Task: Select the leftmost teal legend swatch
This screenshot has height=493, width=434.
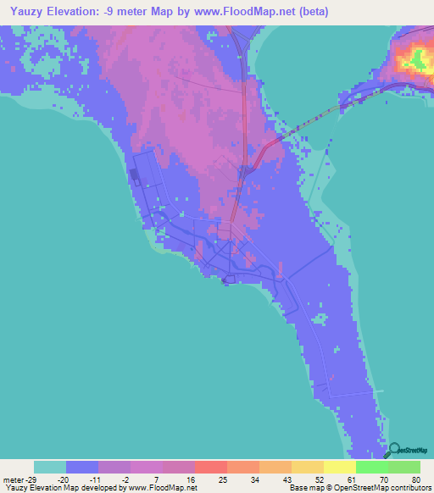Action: tap(50, 467)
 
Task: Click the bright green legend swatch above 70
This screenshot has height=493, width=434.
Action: tap(372, 467)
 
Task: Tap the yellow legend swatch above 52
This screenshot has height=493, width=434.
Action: tap(308, 467)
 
